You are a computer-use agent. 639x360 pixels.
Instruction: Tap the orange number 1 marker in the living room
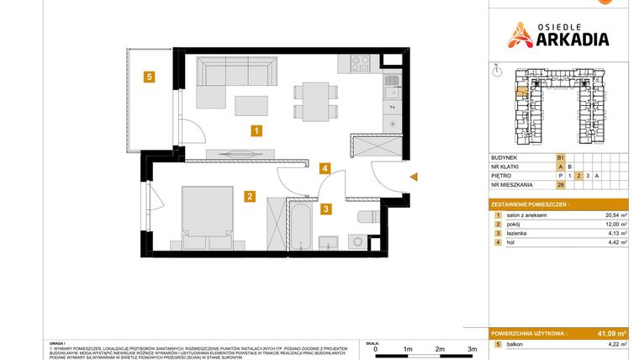point(256,130)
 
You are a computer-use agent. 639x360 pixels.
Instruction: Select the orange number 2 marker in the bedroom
point(250,197)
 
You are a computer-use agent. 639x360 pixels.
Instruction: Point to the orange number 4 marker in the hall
point(325,168)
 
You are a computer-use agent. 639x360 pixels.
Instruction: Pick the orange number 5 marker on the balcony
point(148,77)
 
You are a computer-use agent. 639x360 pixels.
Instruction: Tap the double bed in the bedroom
point(207,215)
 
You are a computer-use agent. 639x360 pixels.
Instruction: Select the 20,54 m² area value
point(617,215)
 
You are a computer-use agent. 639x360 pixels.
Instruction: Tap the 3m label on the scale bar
point(473,348)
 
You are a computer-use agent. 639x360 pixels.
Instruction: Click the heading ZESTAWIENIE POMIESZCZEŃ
point(530,204)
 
